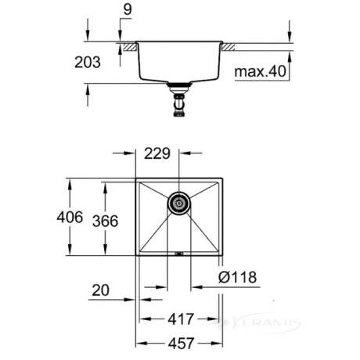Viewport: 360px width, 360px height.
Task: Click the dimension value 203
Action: click(x=88, y=63)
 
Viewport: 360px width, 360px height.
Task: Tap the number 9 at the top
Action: click(x=128, y=9)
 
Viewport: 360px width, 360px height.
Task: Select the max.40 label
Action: click(x=260, y=71)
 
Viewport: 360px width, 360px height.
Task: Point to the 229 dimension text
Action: click(x=157, y=153)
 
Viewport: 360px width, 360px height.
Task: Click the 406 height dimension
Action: click(x=70, y=217)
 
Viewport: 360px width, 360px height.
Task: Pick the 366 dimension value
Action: click(x=106, y=221)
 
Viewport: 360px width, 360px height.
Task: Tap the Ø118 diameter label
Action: click(x=238, y=277)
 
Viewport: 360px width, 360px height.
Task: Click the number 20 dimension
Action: click(x=101, y=290)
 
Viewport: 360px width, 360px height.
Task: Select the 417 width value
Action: click(x=181, y=319)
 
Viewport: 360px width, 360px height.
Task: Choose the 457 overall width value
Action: click(x=181, y=344)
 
